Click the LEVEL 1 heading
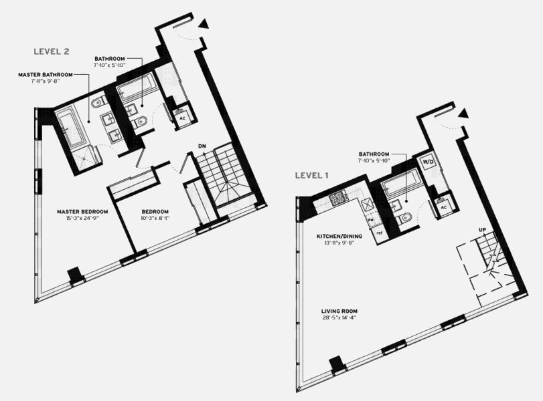coord(312,176)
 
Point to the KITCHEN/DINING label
coord(339,237)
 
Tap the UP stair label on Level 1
coord(481,229)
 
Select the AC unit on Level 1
coord(443,207)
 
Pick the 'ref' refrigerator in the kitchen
coord(379,233)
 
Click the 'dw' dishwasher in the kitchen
coord(370,219)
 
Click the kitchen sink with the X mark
coord(366,205)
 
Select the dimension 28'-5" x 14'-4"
coord(339,318)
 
